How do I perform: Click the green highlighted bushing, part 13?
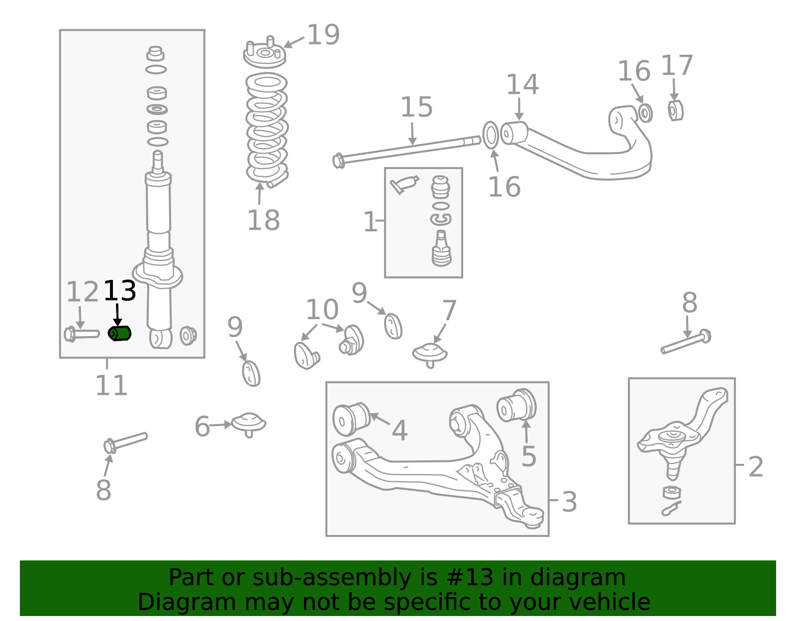point(119,333)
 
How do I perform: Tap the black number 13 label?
point(119,291)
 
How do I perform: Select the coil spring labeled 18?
point(267,129)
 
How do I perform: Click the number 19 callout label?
point(323,35)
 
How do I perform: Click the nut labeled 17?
point(675,110)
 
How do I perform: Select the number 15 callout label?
point(416,107)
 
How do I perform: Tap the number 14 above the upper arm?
point(522,85)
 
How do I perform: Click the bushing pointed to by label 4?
point(351,419)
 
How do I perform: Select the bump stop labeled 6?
point(249,424)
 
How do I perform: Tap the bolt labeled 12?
point(81,334)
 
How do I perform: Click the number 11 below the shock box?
point(111,385)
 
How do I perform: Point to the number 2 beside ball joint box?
point(756,467)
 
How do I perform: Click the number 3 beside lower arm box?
point(569,502)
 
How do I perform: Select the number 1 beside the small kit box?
point(370,222)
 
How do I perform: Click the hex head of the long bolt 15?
point(338,161)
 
